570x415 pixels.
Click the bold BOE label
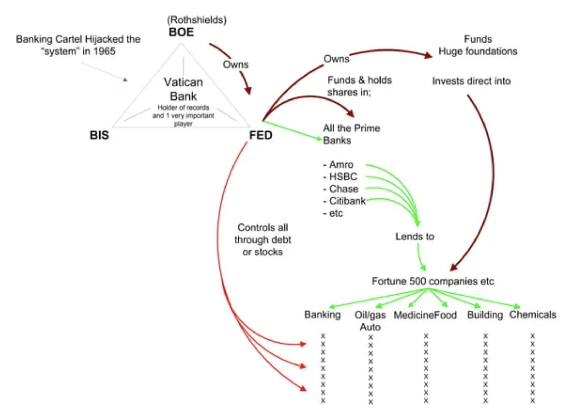(181, 32)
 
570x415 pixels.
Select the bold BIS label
(99, 135)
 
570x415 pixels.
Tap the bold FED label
(261, 135)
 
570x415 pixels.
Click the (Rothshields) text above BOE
(197, 20)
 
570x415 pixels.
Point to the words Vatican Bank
(183, 89)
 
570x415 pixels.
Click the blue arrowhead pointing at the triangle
(125, 80)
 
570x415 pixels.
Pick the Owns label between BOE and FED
(236, 64)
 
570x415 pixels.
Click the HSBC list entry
(343, 177)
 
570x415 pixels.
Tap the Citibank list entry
(347, 201)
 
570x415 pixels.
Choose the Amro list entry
(341, 164)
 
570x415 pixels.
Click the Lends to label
(414, 236)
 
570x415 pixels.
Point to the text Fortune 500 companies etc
(433, 281)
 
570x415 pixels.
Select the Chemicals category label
(532, 314)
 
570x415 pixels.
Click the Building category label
(485, 315)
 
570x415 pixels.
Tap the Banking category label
(322, 314)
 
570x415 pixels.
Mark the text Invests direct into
(471, 81)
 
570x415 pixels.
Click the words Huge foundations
(478, 51)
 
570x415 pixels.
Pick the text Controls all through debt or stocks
(262, 240)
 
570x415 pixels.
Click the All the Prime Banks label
(351, 134)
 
